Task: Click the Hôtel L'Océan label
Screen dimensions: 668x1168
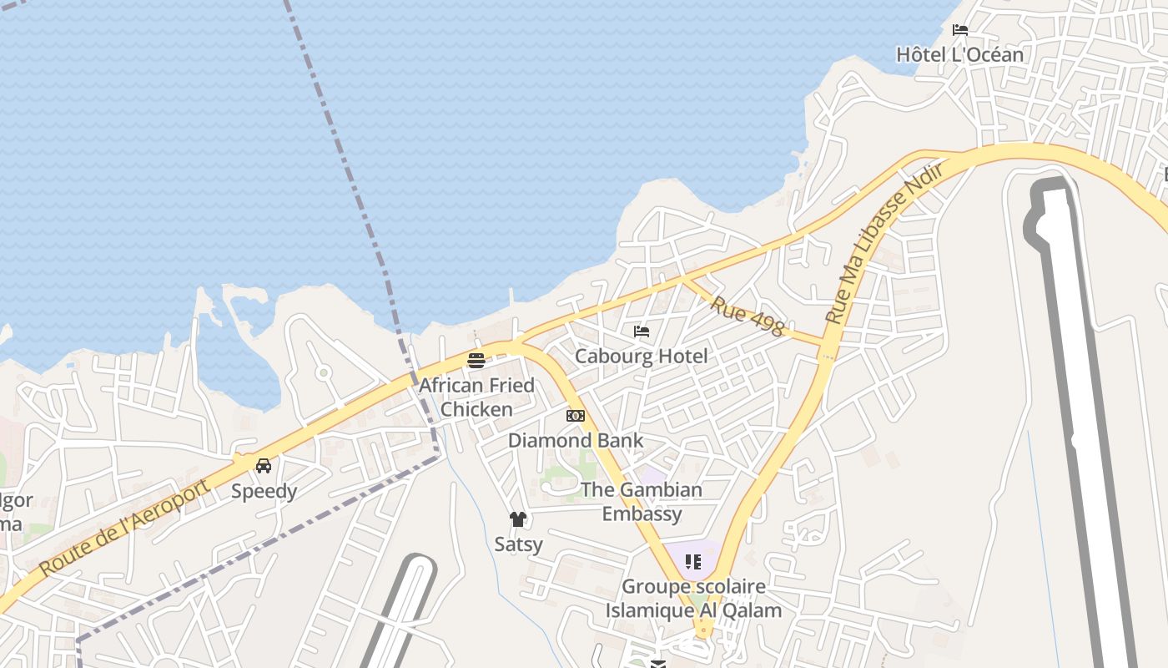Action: coord(959,55)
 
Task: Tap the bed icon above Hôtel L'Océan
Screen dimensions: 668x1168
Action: coord(960,30)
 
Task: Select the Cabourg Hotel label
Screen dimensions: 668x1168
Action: coord(641,357)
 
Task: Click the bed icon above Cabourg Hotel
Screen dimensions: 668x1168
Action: coord(642,331)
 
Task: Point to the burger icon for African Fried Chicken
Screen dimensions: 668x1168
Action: coord(476,361)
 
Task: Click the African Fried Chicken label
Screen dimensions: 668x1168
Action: coord(476,397)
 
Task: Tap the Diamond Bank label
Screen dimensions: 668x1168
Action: coord(576,440)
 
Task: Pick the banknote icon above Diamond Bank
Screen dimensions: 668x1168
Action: coord(576,416)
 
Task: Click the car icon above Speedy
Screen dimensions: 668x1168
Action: coord(264,466)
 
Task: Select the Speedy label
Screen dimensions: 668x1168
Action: coord(264,491)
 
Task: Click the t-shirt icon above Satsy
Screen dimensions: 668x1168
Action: coord(518,519)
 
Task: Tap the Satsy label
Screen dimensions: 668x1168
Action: coord(518,544)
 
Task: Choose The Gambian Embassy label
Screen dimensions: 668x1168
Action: coord(642,501)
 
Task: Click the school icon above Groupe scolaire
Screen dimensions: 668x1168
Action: coord(693,562)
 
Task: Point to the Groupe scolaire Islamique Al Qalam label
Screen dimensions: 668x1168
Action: coord(694,598)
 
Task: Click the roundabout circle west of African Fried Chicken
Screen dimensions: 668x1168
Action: coord(323,372)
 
